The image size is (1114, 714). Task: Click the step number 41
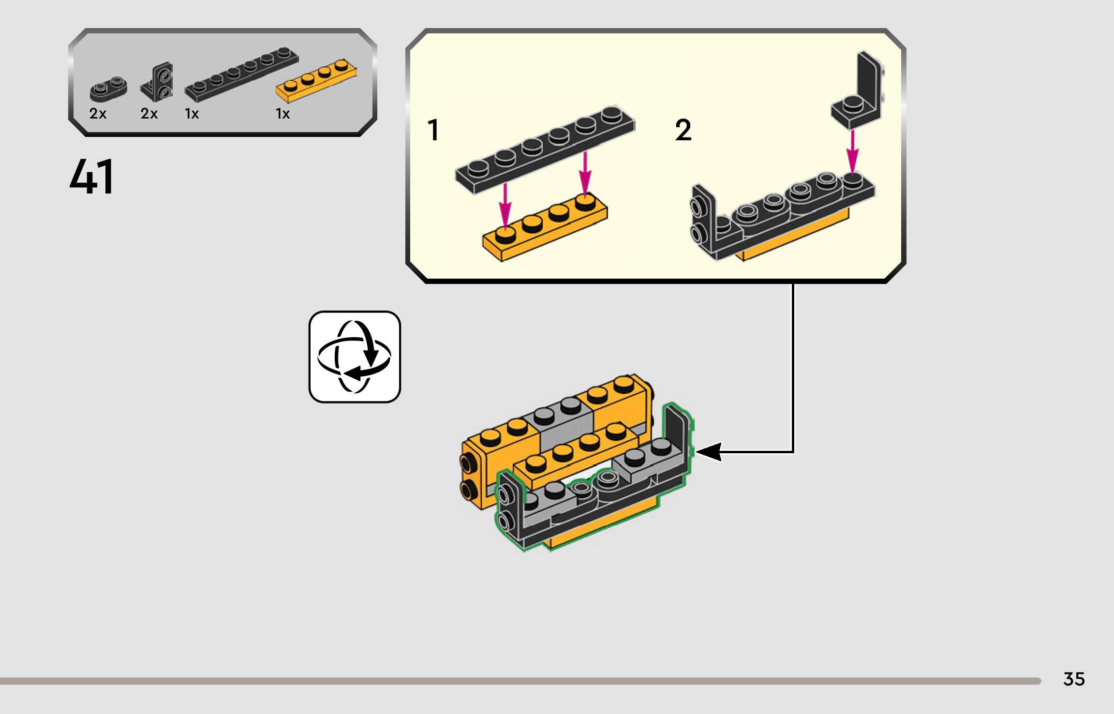click(92, 177)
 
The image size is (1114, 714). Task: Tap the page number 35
click(1074, 679)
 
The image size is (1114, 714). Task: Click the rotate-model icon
click(355, 357)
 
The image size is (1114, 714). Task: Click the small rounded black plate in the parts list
click(108, 89)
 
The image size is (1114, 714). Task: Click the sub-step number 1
click(433, 130)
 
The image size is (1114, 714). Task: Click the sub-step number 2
click(683, 130)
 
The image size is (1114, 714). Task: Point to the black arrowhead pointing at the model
click(709, 452)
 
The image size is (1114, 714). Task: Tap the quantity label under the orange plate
click(282, 114)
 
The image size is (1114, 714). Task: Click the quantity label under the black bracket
click(149, 114)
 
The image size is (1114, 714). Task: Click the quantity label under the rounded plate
click(98, 114)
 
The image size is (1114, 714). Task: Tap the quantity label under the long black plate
click(192, 114)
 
